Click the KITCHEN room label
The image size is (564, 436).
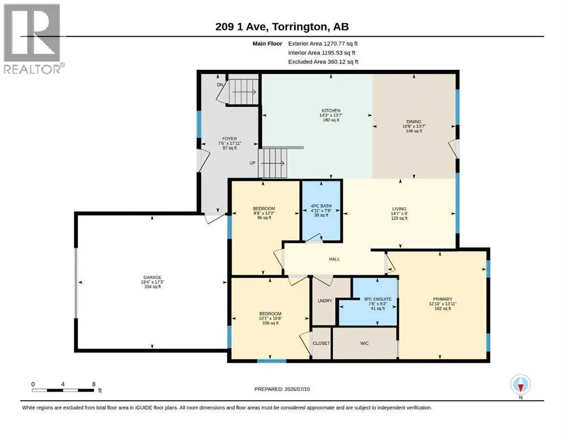pos(331,111)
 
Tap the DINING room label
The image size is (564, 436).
pos(413,121)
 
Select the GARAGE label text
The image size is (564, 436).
pos(152,277)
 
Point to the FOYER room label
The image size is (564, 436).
pos(229,139)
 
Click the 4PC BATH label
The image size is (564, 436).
pos(321,206)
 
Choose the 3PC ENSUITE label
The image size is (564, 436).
pos(377,299)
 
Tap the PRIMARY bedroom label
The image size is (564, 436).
pos(442,299)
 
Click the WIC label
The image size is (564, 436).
pos(365,343)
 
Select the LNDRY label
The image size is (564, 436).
pos(325,300)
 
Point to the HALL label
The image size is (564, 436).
pos(334,259)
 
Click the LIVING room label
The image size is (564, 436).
pos(399,208)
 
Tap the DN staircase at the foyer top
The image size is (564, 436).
pos(244,91)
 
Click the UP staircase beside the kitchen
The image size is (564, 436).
pos(273,163)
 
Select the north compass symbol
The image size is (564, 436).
pos(520,384)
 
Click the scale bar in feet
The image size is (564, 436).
pos(63,390)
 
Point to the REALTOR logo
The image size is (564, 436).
pos(32,39)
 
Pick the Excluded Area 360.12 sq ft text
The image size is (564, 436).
pos(323,62)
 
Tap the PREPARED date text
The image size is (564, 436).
pos(282,389)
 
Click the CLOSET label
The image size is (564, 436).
pos(321,343)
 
